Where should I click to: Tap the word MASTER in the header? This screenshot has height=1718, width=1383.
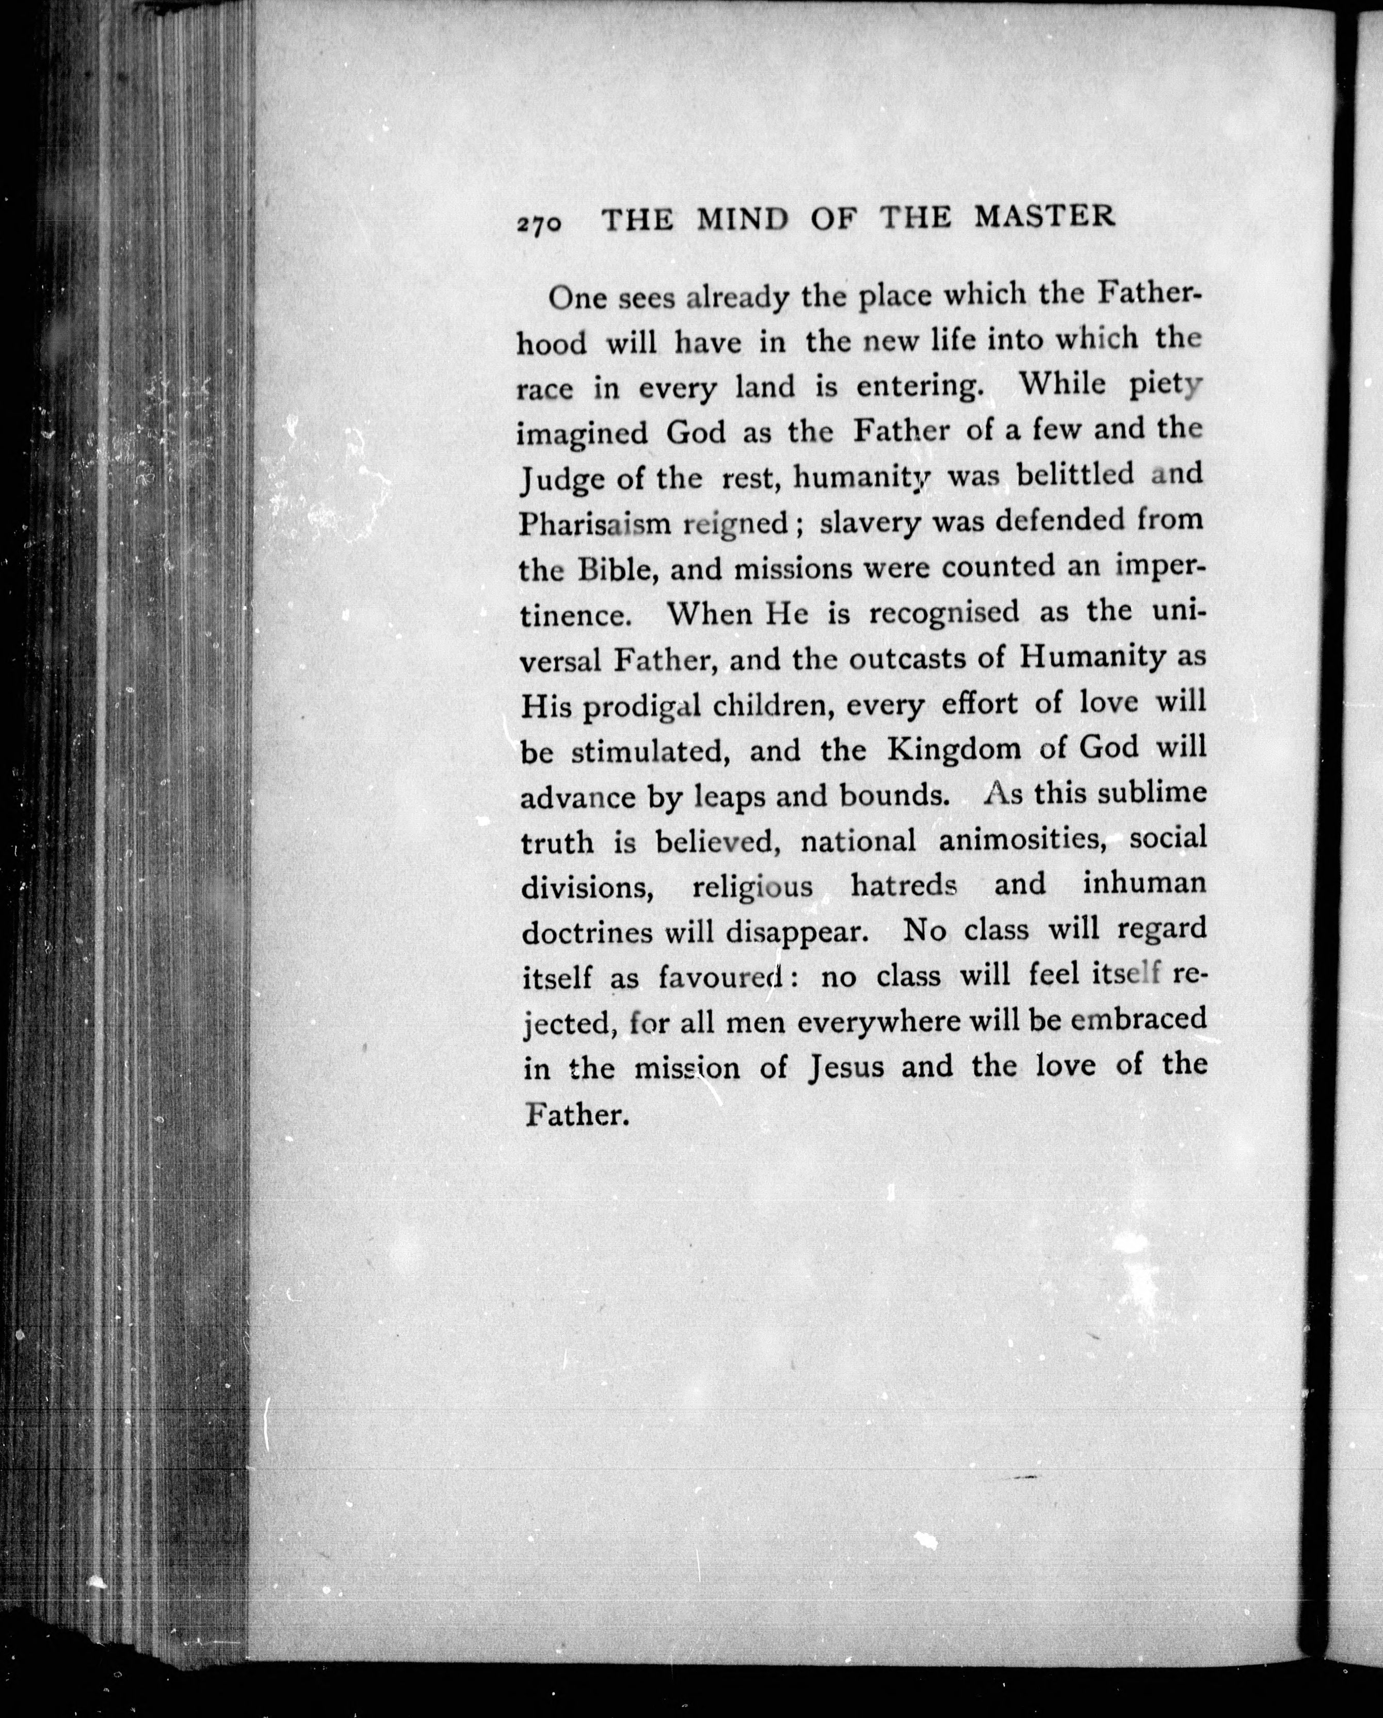point(1044,217)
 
